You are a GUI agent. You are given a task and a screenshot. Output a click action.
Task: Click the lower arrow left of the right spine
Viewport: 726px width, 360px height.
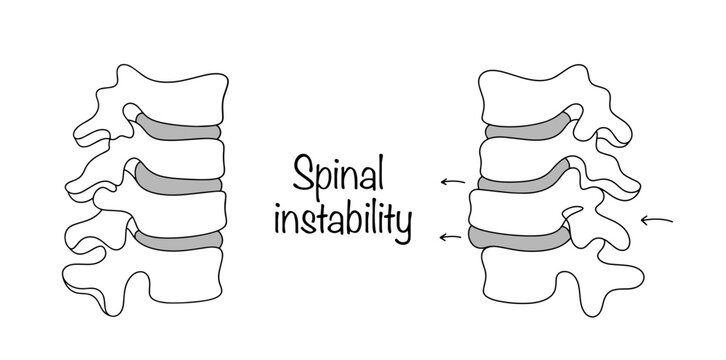point(453,237)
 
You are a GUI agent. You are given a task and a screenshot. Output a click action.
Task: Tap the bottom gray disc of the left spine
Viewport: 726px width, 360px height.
point(180,240)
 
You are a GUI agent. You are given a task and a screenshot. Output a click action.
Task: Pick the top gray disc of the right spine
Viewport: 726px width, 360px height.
point(525,130)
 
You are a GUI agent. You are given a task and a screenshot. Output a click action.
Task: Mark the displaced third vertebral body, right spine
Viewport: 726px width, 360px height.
point(510,210)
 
